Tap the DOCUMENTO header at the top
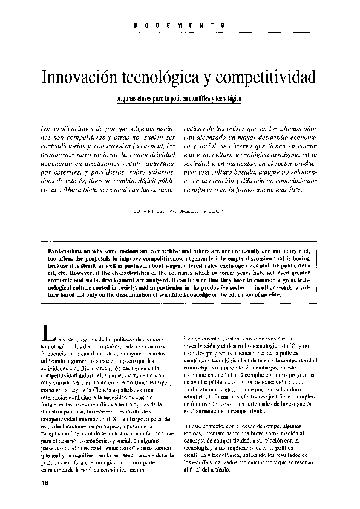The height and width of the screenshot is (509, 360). coord(180,25)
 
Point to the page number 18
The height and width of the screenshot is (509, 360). coord(45,482)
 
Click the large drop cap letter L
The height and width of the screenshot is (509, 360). coord(43,332)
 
